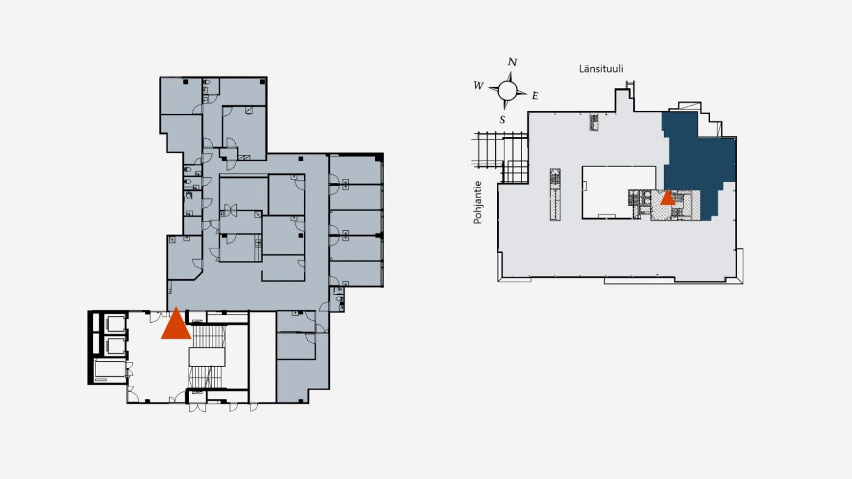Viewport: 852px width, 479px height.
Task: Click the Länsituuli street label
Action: pos(601,69)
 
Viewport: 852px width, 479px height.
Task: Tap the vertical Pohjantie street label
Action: pos(478,202)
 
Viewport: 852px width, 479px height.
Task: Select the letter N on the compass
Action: pos(512,62)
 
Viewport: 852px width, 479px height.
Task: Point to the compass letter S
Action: pos(503,120)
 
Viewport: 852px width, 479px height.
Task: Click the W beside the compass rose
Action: pos(478,86)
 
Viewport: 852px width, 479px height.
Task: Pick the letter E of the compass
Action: pos(535,96)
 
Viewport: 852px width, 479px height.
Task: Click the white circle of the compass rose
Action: pos(507,90)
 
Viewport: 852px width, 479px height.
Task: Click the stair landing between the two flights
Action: pos(207,357)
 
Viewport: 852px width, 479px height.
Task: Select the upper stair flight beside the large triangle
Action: pos(208,337)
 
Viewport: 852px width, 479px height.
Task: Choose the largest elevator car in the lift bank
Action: pos(110,371)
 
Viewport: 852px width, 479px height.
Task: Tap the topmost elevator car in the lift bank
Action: pos(114,324)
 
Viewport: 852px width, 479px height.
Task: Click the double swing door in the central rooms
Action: pos(231,210)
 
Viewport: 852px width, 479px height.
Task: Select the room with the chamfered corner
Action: pos(185,257)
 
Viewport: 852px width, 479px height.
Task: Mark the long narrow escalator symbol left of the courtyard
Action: pos(555,195)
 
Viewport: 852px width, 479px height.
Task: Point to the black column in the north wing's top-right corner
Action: pos(262,82)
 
